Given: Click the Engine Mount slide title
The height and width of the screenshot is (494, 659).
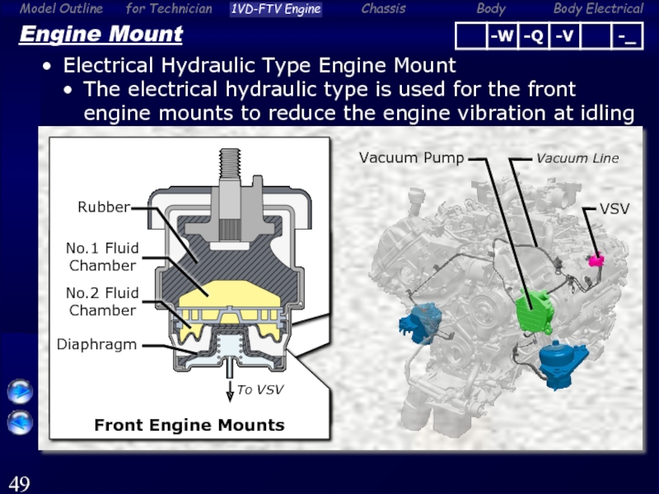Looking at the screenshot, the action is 100,34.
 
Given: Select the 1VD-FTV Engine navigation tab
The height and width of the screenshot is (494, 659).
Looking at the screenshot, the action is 276,9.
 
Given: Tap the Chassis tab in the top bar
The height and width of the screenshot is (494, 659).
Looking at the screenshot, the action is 383,9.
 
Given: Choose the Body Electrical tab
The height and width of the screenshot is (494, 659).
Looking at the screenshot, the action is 598,9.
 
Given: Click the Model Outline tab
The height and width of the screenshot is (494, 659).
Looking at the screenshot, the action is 61,9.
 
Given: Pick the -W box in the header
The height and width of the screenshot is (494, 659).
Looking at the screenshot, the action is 502,36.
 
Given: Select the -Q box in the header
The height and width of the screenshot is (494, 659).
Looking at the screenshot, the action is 533,36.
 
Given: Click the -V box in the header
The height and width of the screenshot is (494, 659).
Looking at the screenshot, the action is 564,36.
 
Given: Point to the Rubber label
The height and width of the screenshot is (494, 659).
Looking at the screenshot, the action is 104,207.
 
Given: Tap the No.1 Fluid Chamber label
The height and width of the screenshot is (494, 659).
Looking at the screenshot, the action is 102,257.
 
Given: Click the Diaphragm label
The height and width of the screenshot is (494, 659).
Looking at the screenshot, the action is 96,344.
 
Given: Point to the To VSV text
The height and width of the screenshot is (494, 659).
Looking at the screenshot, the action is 260,389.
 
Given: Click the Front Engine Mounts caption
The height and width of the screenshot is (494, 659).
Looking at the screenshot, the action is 189,425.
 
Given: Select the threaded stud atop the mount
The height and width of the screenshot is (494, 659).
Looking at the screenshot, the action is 230,164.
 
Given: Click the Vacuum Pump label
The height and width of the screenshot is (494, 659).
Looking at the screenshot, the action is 411,157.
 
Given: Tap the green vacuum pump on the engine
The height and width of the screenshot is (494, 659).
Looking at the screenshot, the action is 534,312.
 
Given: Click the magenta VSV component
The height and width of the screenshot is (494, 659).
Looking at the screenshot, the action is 596,259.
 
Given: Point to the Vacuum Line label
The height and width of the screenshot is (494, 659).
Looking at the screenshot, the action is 577,158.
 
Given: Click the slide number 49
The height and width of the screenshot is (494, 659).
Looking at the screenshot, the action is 19,483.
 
